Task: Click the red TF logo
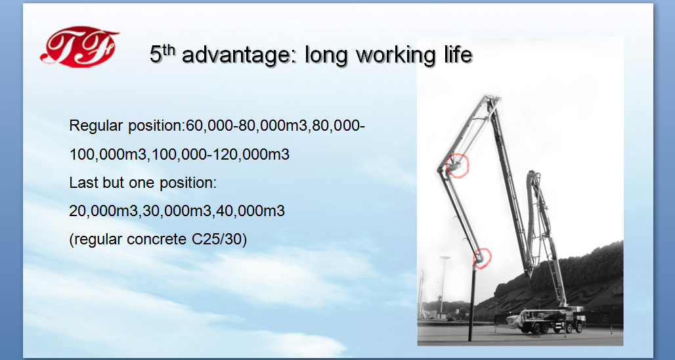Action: (79, 47)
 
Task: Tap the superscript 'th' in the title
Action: (169, 49)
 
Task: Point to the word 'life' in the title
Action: (457, 55)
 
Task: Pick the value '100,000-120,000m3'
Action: (221, 154)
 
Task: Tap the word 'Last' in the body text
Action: (83, 183)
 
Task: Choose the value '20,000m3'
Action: (103, 212)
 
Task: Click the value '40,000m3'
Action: (251, 212)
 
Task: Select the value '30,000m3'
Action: (177, 212)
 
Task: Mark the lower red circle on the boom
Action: (482, 258)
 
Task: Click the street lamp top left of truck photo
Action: (443, 284)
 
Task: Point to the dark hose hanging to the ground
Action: (472, 304)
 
